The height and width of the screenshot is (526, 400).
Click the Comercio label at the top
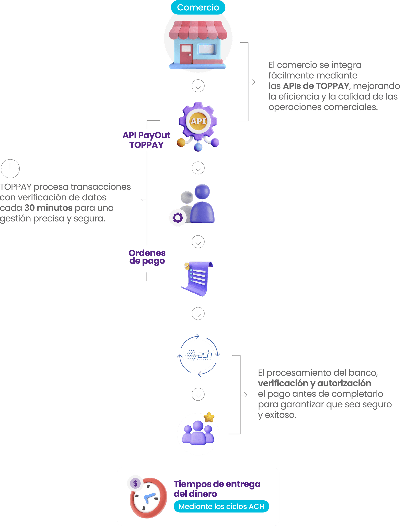tap(198, 8)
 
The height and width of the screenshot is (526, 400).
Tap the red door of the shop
tap(186, 53)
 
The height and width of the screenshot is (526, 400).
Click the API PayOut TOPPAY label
tap(146, 140)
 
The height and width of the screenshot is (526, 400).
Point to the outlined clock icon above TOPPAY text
tap(10, 169)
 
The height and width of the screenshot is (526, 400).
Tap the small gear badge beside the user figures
tap(178, 218)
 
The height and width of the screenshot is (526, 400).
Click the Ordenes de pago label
tap(147, 257)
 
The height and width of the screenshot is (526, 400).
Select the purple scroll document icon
tap(197, 278)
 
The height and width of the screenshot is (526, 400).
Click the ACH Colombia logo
tap(199, 355)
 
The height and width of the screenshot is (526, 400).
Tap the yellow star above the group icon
tap(209, 417)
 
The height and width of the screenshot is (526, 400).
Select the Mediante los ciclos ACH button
tap(221, 506)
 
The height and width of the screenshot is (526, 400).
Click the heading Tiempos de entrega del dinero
tap(217, 489)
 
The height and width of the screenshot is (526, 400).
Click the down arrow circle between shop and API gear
tap(198, 86)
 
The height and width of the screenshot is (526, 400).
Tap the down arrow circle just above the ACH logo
tap(198, 314)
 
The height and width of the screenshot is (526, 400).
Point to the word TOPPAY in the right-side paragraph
tap(332, 86)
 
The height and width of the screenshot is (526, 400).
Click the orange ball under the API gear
tap(181, 143)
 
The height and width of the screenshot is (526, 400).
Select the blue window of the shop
tap(207, 49)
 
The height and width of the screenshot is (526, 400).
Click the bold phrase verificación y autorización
tap(315, 383)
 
